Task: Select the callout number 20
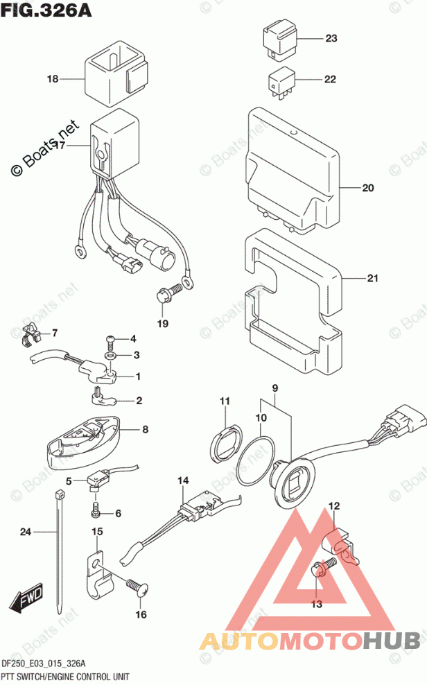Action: (367, 188)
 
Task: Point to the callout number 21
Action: (373, 279)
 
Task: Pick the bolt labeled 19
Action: (164, 297)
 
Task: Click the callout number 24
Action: (26, 532)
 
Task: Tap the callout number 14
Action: (182, 480)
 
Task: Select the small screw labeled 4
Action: (110, 340)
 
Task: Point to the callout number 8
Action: (145, 430)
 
